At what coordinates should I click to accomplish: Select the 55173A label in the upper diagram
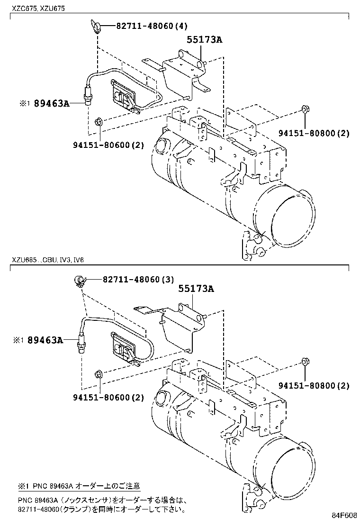tap(204, 40)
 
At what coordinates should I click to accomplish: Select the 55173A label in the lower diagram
tap(196, 289)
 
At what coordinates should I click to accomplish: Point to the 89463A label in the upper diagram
tap(52, 103)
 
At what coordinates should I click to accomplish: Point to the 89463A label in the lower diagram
tap(45, 340)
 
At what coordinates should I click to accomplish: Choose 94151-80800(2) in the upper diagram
tap(314, 133)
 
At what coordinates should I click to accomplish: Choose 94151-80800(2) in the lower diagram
tap(314, 386)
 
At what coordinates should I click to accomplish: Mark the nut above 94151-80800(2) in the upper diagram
tap(305, 111)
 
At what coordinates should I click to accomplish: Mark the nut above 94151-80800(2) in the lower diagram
tap(305, 363)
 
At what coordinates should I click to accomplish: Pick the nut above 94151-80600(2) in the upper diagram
tap(98, 122)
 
